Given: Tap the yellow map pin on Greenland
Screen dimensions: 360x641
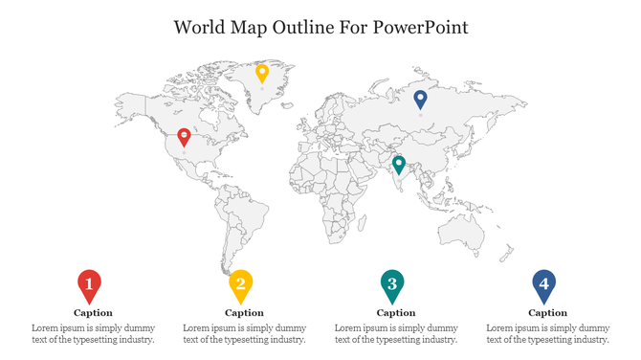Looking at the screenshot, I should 262,73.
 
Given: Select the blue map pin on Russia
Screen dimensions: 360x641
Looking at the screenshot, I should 420,99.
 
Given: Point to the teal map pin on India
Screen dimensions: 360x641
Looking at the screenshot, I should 399,164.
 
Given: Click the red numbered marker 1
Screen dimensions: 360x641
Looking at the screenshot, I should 89,283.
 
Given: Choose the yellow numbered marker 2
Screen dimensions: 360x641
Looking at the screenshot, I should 240,283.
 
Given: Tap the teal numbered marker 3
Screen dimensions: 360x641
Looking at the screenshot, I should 391,282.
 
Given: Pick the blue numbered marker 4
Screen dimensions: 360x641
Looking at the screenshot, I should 543,282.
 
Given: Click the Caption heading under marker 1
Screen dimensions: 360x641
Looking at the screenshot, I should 93,313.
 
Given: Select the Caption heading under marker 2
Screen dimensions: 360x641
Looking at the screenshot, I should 244,313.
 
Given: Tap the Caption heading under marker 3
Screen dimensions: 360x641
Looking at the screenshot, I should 396,313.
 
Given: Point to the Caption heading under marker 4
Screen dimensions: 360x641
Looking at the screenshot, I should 547,313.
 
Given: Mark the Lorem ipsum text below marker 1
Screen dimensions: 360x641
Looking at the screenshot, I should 93,333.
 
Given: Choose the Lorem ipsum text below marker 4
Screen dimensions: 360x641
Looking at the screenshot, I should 547,333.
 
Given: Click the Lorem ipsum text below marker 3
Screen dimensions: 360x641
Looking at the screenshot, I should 396,333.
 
